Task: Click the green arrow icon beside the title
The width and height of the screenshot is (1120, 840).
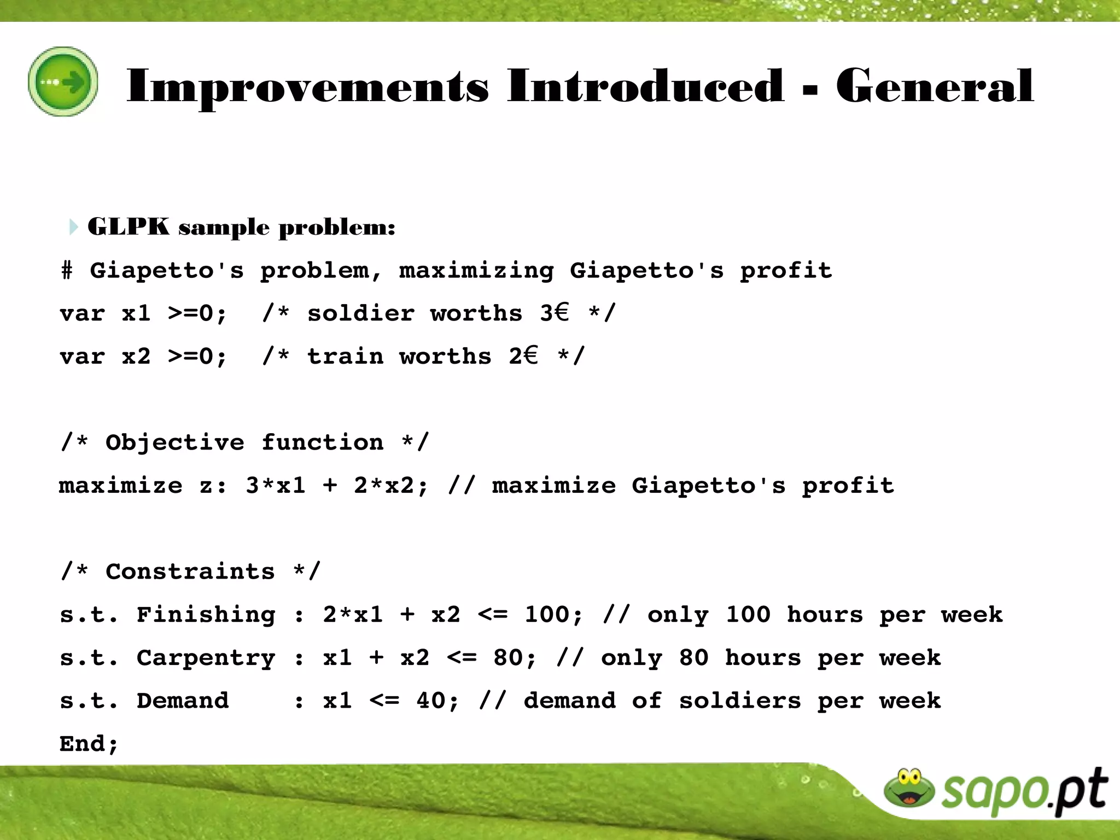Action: (63, 81)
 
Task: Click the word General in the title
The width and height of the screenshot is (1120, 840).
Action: (935, 86)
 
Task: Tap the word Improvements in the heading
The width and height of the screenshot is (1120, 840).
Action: (307, 87)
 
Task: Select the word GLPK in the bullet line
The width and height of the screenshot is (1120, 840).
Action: (129, 226)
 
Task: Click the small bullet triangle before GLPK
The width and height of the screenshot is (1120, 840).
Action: (73, 226)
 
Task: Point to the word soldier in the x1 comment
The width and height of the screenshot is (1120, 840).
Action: (360, 313)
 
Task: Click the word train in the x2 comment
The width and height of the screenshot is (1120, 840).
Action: (345, 357)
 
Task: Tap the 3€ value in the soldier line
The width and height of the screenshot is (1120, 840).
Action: (555, 313)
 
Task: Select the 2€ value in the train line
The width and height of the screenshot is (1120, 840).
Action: (523, 356)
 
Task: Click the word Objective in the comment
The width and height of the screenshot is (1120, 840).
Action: (174, 442)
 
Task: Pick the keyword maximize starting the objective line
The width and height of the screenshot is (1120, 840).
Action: (120, 486)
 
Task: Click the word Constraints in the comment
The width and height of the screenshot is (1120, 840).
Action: (190, 571)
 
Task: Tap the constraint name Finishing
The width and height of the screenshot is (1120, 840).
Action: (206, 615)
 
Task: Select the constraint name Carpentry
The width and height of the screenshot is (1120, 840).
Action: (206, 658)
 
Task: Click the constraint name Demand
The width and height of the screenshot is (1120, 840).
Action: (182, 701)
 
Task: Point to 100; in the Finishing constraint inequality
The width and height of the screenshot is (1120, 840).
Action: (553, 615)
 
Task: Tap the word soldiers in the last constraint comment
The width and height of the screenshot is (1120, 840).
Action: (739, 701)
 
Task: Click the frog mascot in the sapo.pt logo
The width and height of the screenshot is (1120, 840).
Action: (909, 788)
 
